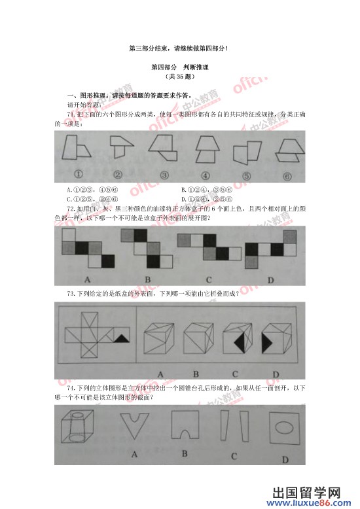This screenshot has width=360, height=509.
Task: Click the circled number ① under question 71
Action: [77, 175]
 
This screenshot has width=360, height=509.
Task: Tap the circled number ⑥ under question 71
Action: [287, 175]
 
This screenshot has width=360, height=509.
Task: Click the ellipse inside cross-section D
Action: [283, 431]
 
